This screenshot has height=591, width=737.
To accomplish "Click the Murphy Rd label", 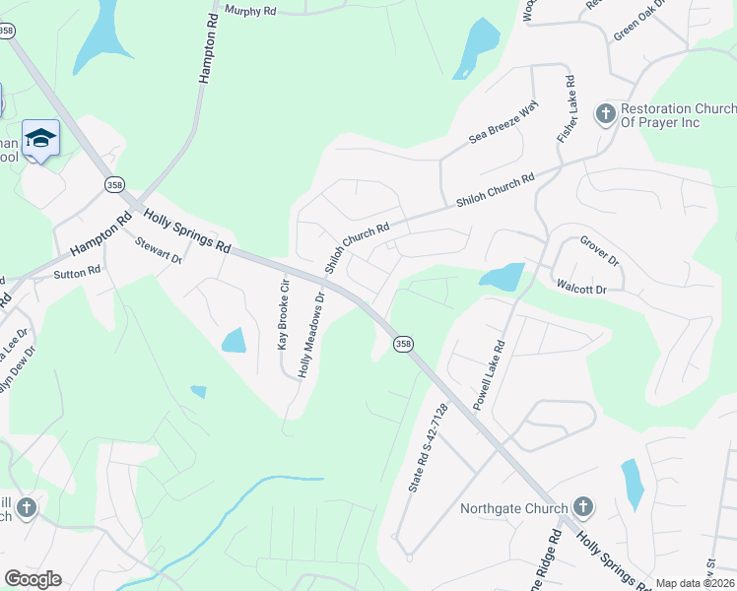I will pos(249,10).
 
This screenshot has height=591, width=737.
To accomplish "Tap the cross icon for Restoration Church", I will pos(605,114).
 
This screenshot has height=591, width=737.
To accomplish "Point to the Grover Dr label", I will pos(598,250).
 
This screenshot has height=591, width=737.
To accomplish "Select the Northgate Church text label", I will pos(513,509).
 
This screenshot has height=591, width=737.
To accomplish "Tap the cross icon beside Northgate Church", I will pos(582,508).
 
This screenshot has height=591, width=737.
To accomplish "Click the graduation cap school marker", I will pos(40,139).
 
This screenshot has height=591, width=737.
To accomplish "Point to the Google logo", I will pos(33,579).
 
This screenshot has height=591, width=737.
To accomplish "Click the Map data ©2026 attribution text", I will pos(695,583).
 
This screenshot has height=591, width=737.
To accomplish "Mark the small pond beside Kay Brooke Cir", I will pos(234,341).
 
